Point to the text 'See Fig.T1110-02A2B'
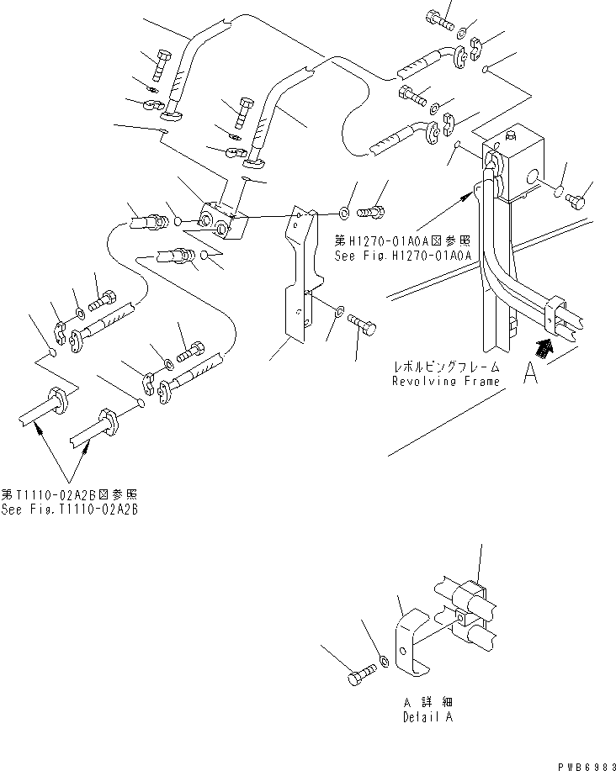(70, 510)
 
